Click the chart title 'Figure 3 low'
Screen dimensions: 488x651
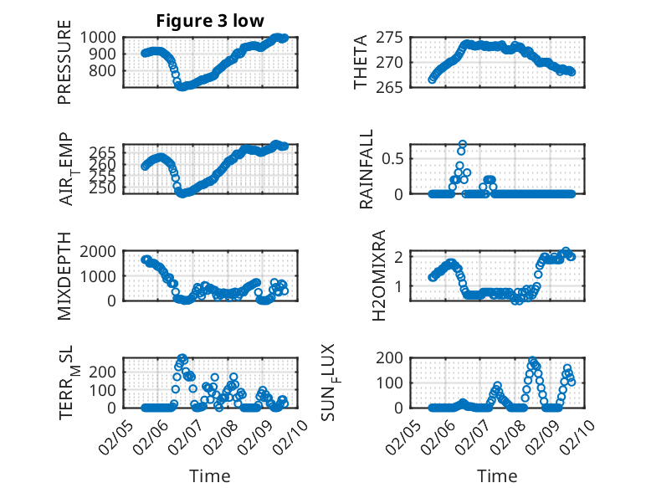point(211,21)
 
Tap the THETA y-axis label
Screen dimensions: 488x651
point(361,62)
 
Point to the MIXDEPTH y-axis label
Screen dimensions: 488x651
point(65,276)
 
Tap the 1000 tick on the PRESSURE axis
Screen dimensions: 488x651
point(100,37)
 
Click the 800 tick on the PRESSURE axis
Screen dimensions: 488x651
point(105,70)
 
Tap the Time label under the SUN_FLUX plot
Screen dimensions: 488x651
point(497,476)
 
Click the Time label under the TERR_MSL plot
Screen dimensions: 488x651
point(205,476)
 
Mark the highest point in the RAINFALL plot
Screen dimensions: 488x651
point(462,144)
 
